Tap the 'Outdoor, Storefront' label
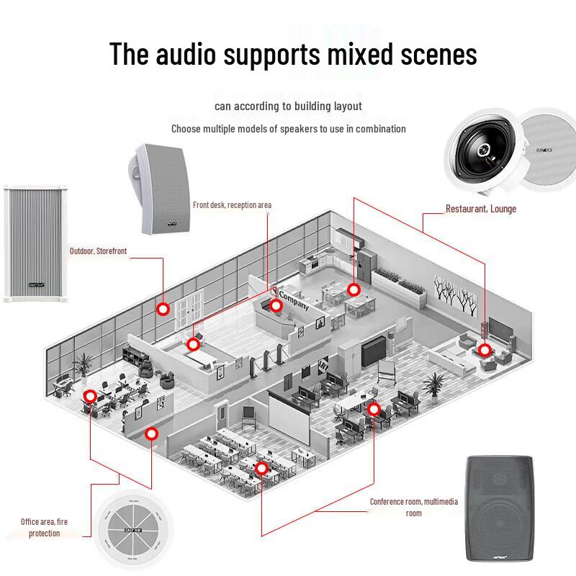point(98,251)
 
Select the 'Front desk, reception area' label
point(232,205)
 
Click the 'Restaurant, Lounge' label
point(480,209)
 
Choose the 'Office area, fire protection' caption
point(44,527)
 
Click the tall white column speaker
point(29,243)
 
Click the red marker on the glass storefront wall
point(163,309)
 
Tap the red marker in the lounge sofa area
point(485,351)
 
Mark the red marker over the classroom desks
point(261,469)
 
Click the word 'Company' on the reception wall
point(294,300)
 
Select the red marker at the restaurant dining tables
point(353,289)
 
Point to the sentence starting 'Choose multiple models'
point(288,129)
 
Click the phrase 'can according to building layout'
point(288,106)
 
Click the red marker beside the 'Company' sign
point(276,305)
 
